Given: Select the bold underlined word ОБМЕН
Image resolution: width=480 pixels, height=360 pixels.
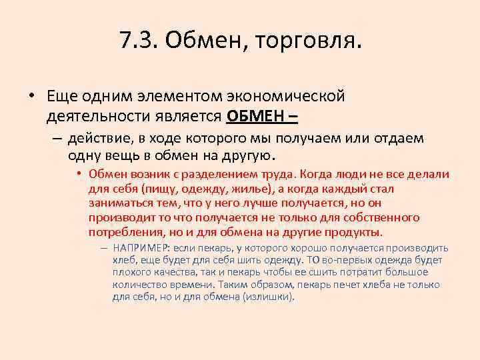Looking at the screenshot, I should pos(249,116).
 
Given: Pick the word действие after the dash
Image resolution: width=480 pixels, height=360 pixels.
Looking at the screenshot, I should pos(101,139).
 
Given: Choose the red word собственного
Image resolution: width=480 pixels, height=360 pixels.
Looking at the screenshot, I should pos(382,217).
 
